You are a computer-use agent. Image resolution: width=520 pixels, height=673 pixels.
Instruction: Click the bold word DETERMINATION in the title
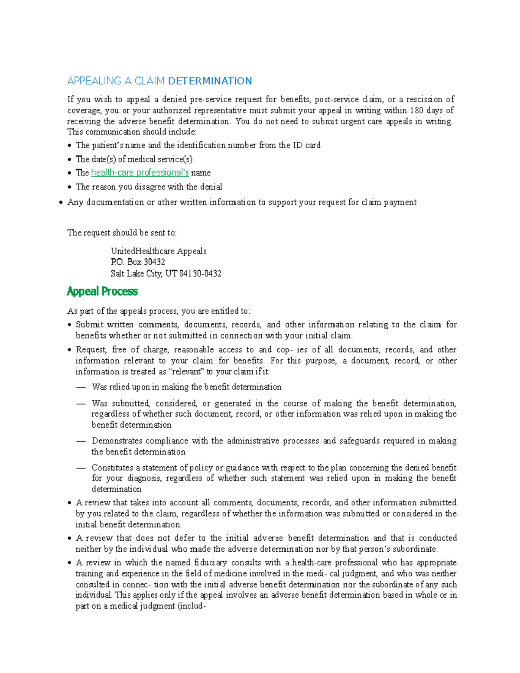click(210, 81)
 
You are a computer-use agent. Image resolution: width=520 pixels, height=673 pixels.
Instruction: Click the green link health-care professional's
click(140, 172)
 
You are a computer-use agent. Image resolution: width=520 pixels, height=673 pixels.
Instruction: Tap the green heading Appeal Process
click(102, 291)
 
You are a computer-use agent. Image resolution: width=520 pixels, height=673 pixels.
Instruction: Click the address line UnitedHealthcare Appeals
click(159, 251)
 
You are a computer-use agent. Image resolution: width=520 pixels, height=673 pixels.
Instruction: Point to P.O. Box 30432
click(138, 262)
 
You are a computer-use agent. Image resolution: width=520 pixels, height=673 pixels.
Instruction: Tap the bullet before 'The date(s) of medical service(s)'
click(70, 160)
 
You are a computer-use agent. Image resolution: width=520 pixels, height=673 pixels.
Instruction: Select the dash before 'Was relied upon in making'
click(81, 387)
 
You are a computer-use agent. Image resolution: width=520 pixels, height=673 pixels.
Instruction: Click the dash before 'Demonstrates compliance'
click(81, 441)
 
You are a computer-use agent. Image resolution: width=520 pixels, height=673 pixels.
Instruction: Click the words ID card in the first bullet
click(307, 145)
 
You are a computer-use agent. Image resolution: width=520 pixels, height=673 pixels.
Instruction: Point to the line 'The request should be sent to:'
click(122, 233)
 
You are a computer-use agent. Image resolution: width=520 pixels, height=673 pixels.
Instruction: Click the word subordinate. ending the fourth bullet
click(415, 549)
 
